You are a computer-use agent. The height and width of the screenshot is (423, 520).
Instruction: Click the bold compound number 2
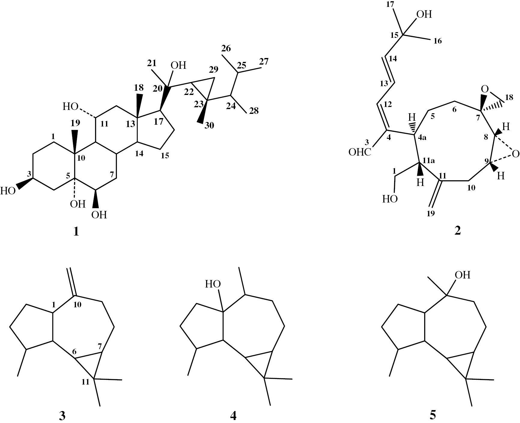pos(457,231)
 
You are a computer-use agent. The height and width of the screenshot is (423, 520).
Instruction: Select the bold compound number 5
pos(433,415)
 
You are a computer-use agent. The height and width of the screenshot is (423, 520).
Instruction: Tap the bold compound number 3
pos(62,415)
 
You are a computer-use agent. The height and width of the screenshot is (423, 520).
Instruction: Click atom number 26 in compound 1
pos(227,48)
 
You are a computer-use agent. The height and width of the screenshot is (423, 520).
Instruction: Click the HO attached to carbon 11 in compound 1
pos(71,106)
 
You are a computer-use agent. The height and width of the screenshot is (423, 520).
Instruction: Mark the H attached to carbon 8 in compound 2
pos(506,127)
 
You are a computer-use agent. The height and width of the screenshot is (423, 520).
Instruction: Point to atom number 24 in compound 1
pos(230,107)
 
